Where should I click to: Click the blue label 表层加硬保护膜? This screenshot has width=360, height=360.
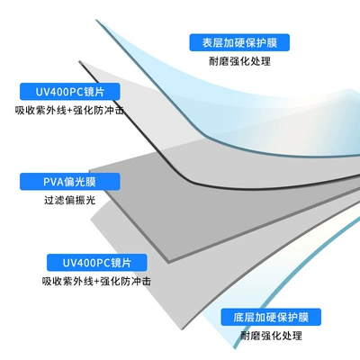[x=239, y=42]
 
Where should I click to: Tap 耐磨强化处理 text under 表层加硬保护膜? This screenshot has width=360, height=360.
[x=239, y=61]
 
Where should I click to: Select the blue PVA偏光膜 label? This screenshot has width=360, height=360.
[x=70, y=182]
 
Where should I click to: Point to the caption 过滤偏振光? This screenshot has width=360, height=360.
[x=70, y=200]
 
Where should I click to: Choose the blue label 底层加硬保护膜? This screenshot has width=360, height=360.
[x=271, y=317]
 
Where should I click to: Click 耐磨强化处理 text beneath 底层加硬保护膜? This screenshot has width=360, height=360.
[x=271, y=336]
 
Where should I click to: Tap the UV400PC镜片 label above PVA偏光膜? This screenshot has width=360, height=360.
[x=70, y=92]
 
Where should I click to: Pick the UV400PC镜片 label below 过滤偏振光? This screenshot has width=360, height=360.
[x=97, y=263]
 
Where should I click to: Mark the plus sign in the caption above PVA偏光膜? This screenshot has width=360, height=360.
[x=69, y=111]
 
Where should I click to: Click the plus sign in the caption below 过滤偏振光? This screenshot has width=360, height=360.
[x=96, y=282]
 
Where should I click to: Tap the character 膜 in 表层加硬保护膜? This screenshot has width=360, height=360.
[x=272, y=42]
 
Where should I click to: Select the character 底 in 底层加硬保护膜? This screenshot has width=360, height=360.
[x=238, y=318]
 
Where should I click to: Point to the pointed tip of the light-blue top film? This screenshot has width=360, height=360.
[x=96, y=20]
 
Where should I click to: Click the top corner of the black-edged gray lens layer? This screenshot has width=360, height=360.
[x=80, y=62]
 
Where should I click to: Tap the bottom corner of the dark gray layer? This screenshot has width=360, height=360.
[x=168, y=262]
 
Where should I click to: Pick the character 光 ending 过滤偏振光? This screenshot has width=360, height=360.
[x=91, y=200]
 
